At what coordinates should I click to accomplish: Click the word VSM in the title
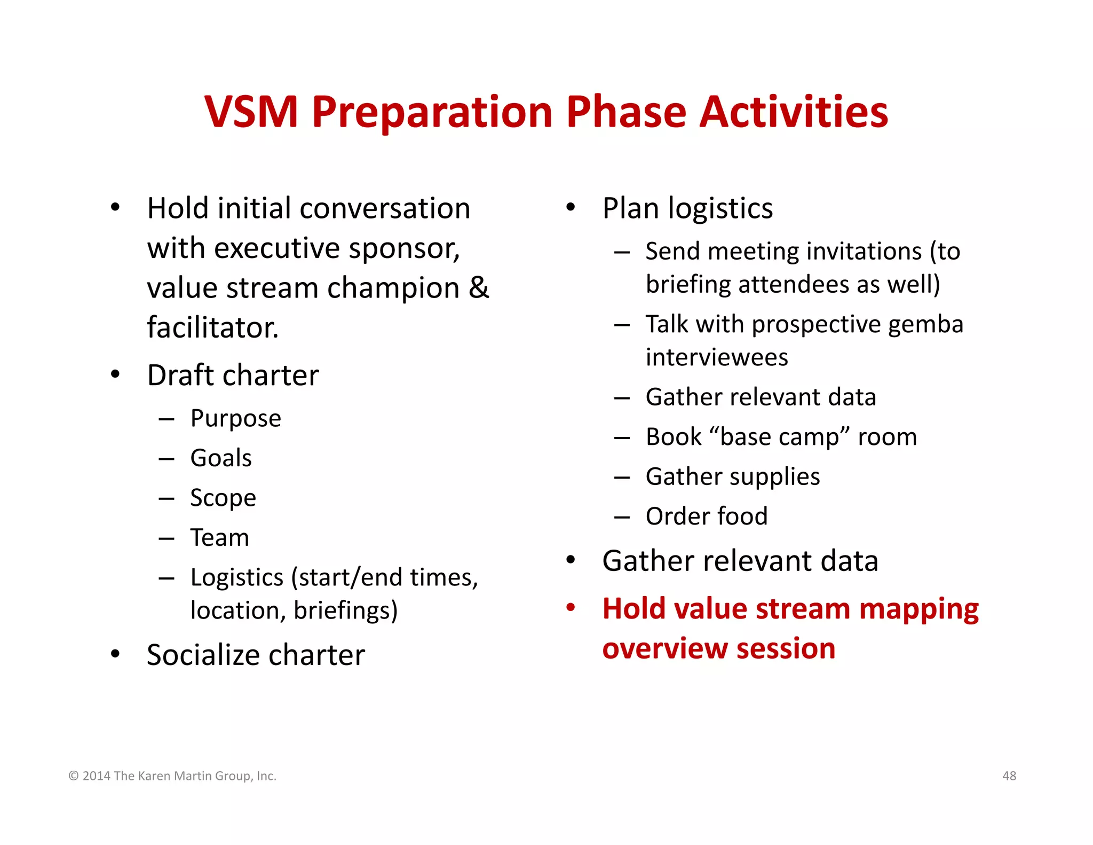pos(251,112)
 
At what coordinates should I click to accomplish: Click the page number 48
pos(1009,776)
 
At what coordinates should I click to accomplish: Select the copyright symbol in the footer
pos(74,776)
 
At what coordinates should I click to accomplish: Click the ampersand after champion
pos(479,288)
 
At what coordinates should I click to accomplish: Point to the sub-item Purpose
pos(235,418)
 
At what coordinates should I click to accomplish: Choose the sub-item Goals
pos(221,458)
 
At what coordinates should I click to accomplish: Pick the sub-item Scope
pos(223,498)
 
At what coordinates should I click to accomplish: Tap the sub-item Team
pos(220,538)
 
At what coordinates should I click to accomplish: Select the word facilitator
pos(212,327)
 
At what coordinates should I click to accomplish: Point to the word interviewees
pos(716,357)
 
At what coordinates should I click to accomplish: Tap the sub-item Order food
pos(706,517)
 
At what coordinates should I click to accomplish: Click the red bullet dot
pos(571,607)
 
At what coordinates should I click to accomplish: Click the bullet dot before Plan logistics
pos(571,207)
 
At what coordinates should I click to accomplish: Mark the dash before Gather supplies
pos(622,477)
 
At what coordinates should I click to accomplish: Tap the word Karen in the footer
pos(154,776)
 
